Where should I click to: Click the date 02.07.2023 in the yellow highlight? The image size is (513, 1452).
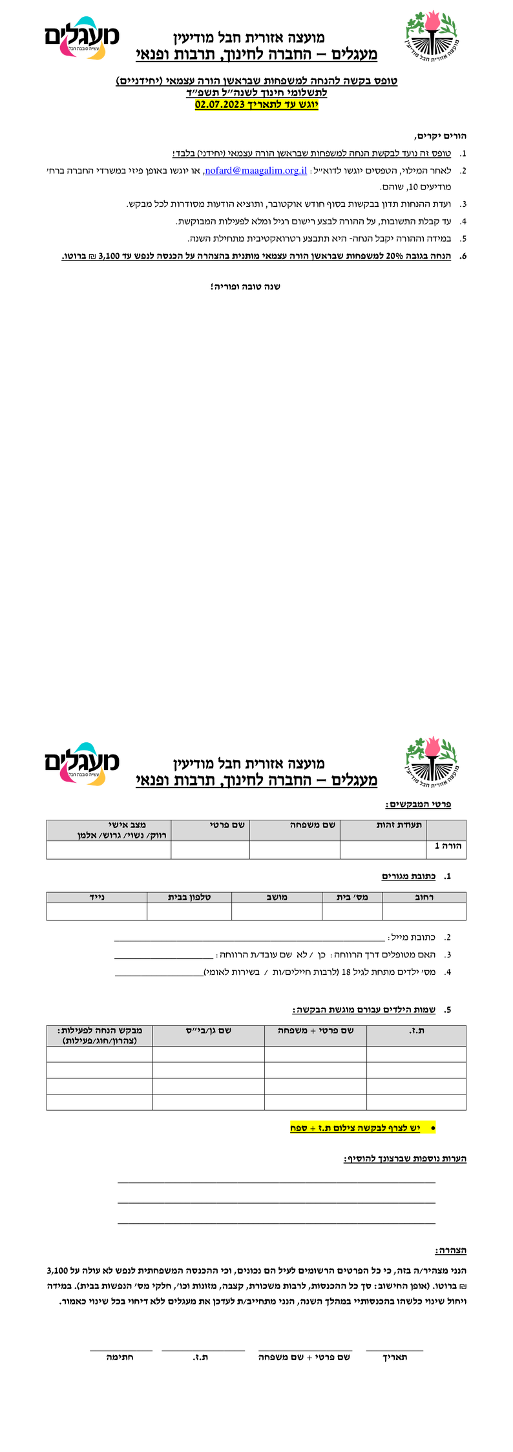click(220, 105)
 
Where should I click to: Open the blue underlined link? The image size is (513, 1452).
click(256, 171)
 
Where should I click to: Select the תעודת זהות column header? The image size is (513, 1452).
click(399, 825)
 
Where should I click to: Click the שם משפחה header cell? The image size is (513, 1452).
click(313, 825)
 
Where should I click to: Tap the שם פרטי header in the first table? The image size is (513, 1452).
click(227, 825)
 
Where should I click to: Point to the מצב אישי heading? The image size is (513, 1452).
click(127, 825)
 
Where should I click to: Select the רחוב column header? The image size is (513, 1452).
click(424, 897)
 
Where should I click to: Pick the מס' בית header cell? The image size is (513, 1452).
click(352, 897)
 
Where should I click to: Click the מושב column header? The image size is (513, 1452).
click(277, 897)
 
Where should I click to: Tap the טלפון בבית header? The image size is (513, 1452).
click(189, 897)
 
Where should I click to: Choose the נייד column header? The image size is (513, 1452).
click(97, 897)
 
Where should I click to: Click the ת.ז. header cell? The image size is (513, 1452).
click(417, 1030)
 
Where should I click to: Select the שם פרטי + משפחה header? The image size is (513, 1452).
click(316, 1030)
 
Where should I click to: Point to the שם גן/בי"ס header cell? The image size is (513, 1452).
click(209, 1030)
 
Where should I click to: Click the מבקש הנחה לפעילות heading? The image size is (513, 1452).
click(99, 1030)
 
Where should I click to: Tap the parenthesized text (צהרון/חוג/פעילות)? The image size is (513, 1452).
click(99, 1041)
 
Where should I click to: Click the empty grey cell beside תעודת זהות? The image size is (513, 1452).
click(446, 830)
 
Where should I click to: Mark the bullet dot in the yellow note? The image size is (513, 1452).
click(432, 1127)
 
